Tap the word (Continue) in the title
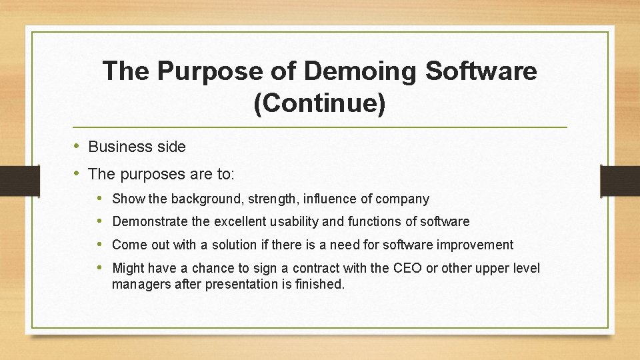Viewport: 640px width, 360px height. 319,104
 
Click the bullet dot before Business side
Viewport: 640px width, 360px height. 77,146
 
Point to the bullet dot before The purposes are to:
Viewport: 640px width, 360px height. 77,173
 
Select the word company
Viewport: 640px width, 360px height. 403,199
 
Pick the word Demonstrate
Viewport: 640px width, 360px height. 148,221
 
